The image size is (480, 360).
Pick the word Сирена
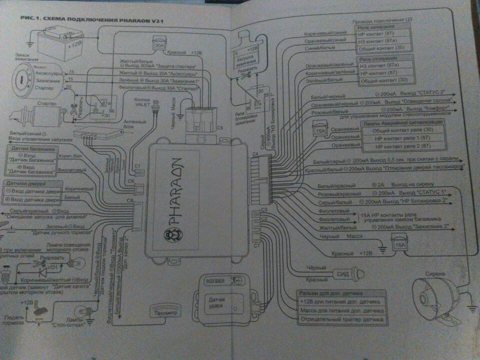click(x=434, y=273)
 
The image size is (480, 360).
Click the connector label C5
click(x=220, y=127)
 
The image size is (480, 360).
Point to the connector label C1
click(x=257, y=245)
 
